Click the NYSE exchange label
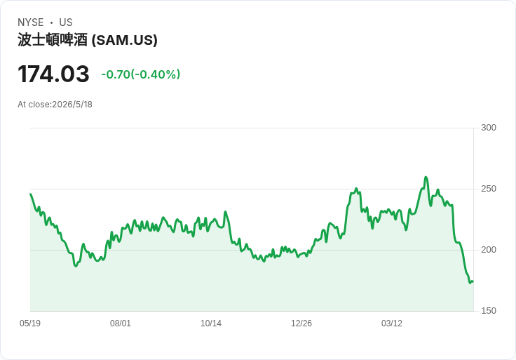click(x=31, y=22)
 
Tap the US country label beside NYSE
click(x=66, y=22)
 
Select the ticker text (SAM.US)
click(x=124, y=40)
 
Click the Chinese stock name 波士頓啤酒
click(x=53, y=40)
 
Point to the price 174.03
click(x=53, y=74)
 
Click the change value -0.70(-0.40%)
click(x=141, y=74)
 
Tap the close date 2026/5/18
click(x=72, y=105)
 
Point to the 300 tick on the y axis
click(x=489, y=128)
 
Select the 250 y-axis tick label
click(x=489, y=189)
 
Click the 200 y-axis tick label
click(x=489, y=250)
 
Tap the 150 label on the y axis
click(x=489, y=311)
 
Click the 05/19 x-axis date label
click(x=30, y=323)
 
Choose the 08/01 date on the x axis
click(x=121, y=323)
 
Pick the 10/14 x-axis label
click(x=211, y=323)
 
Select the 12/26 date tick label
click(x=301, y=323)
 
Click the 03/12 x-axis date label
click(x=392, y=323)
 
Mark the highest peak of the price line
click(x=426, y=177)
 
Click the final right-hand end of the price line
click(x=473, y=281)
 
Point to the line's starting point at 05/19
click(x=31, y=194)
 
